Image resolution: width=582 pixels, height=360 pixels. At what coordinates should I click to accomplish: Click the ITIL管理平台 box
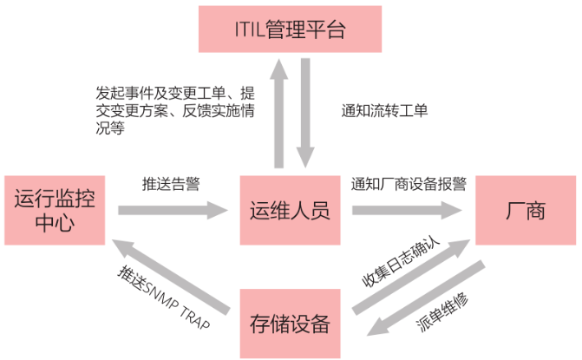click(x=290, y=29)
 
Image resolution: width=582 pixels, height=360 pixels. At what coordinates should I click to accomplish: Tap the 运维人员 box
click(x=290, y=211)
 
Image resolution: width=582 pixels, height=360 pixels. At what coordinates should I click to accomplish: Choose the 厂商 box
click(x=525, y=211)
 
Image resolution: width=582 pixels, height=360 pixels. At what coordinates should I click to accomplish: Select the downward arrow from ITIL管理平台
click(x=306, y=113)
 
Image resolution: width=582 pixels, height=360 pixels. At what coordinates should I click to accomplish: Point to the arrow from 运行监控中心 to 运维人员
click(x=173, y=210)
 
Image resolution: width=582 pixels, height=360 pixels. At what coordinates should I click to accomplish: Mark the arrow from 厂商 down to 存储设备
click(x=425, y=303)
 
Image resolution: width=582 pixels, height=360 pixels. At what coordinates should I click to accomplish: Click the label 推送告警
click(x=171, y=184)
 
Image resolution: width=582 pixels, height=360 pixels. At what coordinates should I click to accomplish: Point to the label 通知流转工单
click(x=384, y=111)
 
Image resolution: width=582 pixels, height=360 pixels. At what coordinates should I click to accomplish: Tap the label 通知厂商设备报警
click(x=409, y=184)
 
